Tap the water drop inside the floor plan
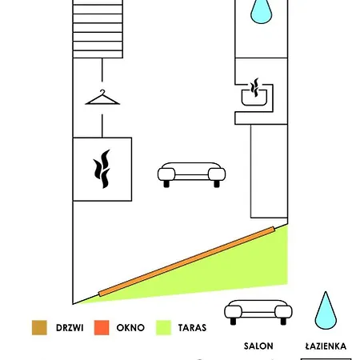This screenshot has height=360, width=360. coord(261,13)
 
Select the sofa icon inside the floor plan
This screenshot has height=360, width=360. coord(191,174)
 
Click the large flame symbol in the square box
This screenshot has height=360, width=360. coord(102,169)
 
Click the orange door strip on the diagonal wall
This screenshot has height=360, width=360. coord(186,262)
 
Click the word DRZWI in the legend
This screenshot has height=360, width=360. coord(70,328)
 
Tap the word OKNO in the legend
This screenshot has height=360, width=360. coord(130,328)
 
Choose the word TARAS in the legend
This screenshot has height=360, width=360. coord(192,328)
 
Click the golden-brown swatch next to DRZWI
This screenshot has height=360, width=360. coord(39,327)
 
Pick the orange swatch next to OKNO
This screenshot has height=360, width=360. coord(102,327)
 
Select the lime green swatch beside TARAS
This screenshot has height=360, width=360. coord(163,327)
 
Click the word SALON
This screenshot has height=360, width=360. coord(258,346)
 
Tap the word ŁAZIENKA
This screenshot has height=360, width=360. coord(326,346)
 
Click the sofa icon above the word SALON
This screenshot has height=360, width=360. coord(258,312)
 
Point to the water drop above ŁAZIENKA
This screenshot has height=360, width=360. coord(326,312)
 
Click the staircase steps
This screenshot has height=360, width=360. coord(98,29)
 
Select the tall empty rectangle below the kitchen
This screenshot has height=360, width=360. coord(269,171)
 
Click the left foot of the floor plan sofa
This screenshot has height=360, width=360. coord(166,184)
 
